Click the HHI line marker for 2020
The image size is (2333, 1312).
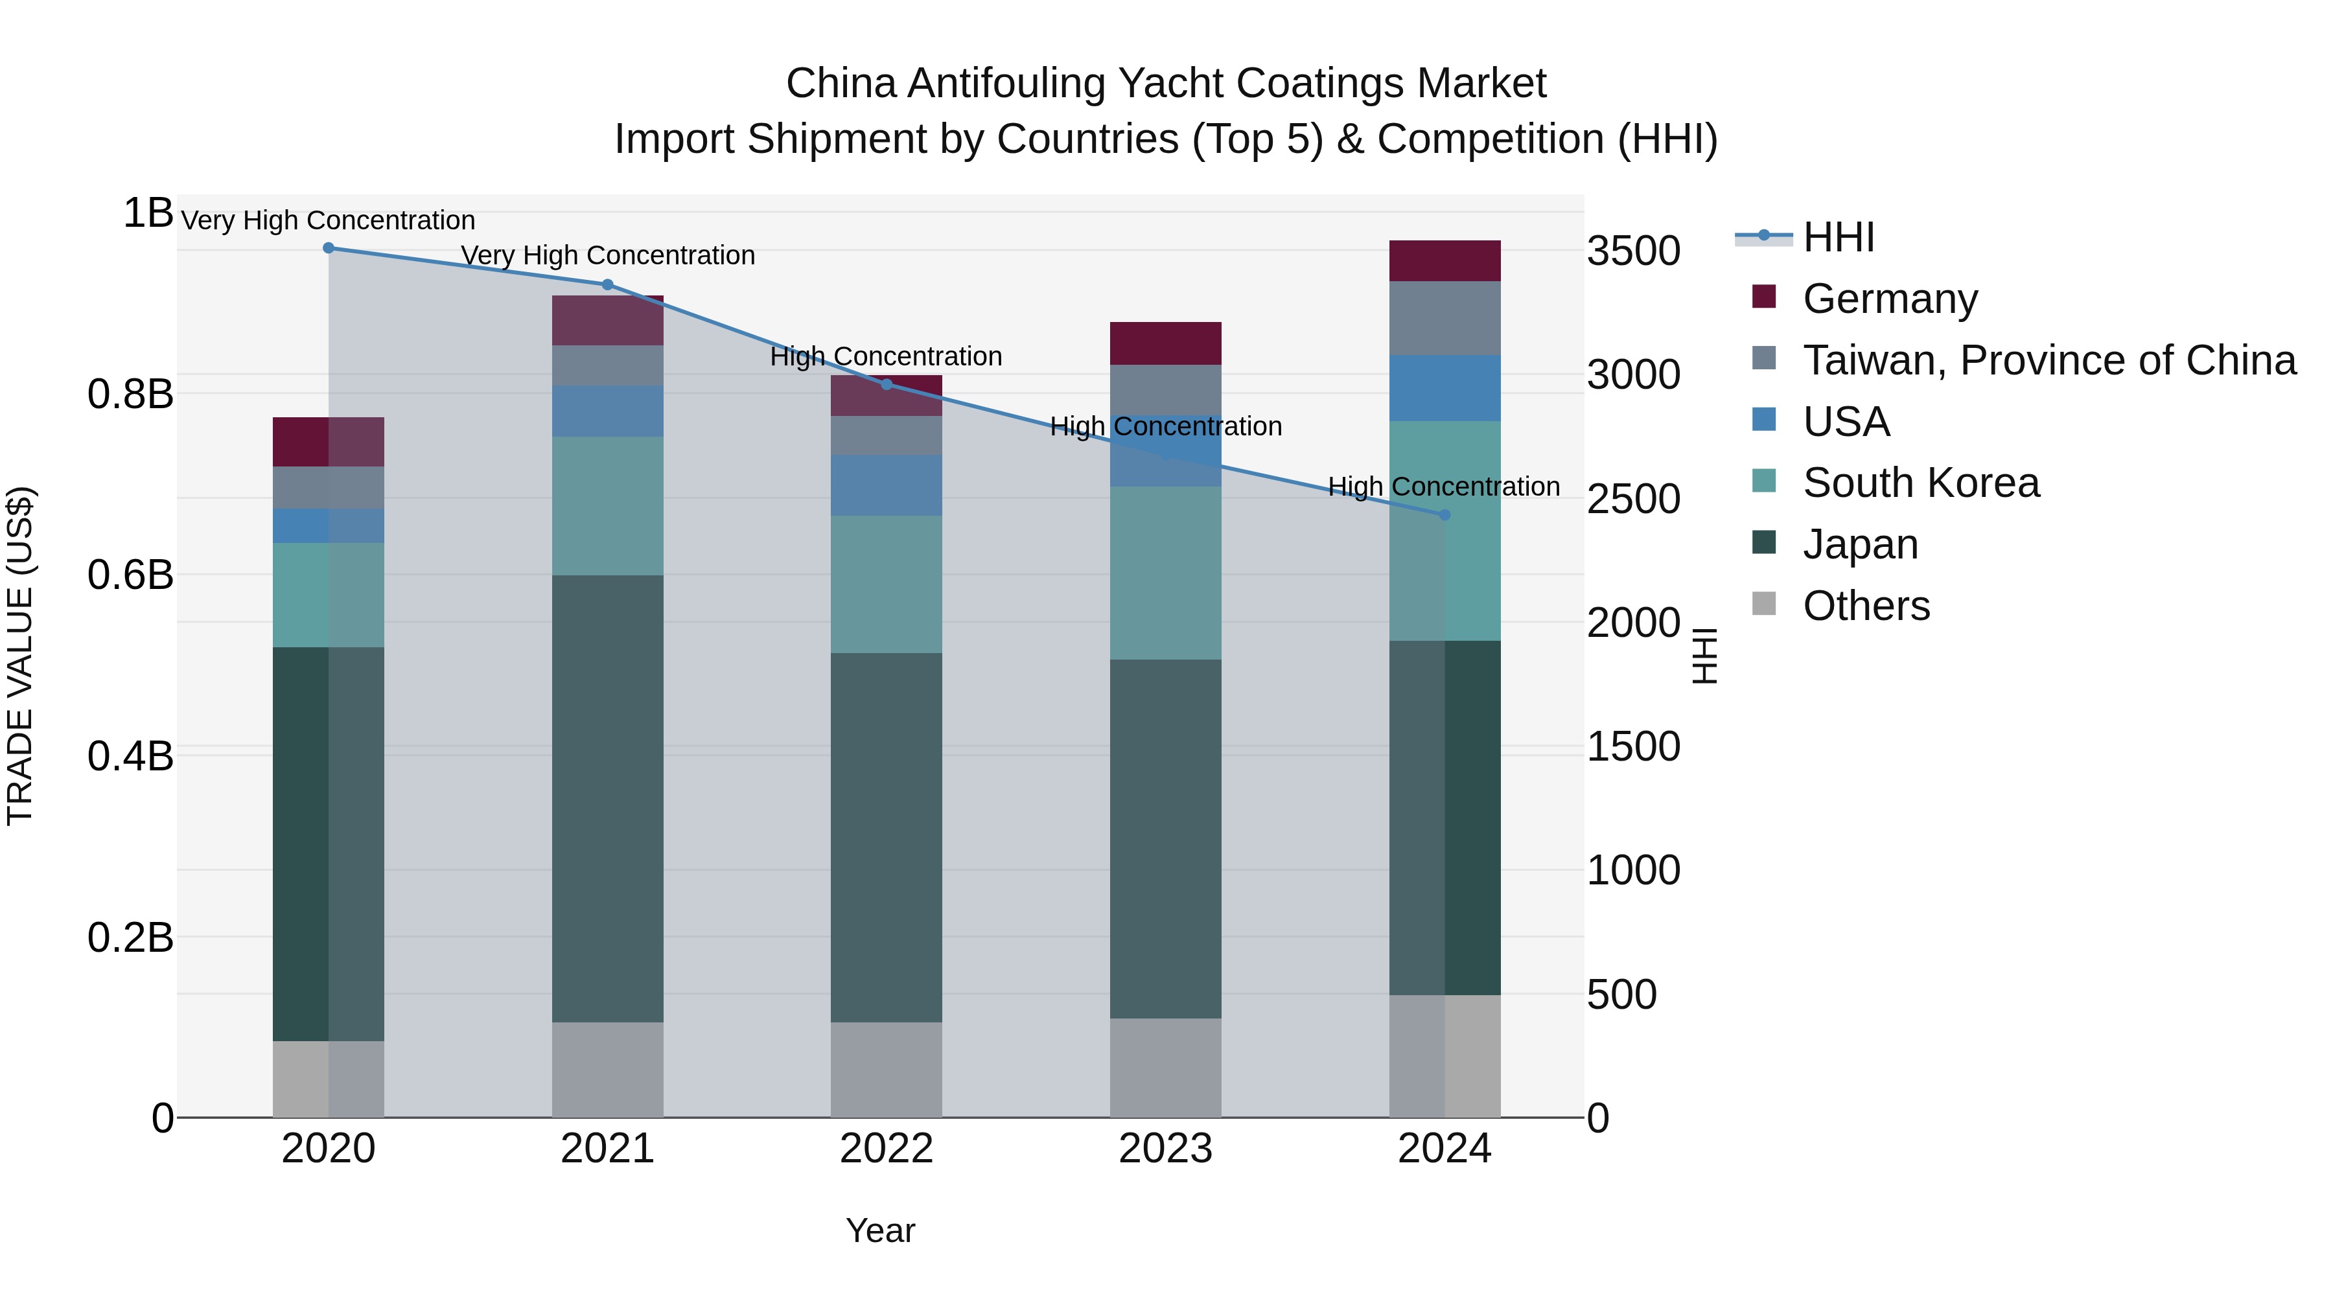(329, 248)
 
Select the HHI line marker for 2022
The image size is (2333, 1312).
(887, 384)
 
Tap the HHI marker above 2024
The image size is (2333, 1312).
(1445, 514)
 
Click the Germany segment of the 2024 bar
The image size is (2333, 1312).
(1445, 260)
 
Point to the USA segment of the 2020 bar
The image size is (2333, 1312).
(329, 525)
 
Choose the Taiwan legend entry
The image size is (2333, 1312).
(2049, 360)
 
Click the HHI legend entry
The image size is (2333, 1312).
(1838, 237)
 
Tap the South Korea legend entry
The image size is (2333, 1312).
(1920, 483)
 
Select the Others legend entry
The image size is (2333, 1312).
(1866, 606)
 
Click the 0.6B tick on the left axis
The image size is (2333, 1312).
(130, 575)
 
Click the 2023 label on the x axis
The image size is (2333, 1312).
(1166, 1148)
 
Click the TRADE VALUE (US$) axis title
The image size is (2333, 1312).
(20, 656)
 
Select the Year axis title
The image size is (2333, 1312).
(880, 1230)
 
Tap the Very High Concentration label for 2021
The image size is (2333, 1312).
(608, 255)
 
